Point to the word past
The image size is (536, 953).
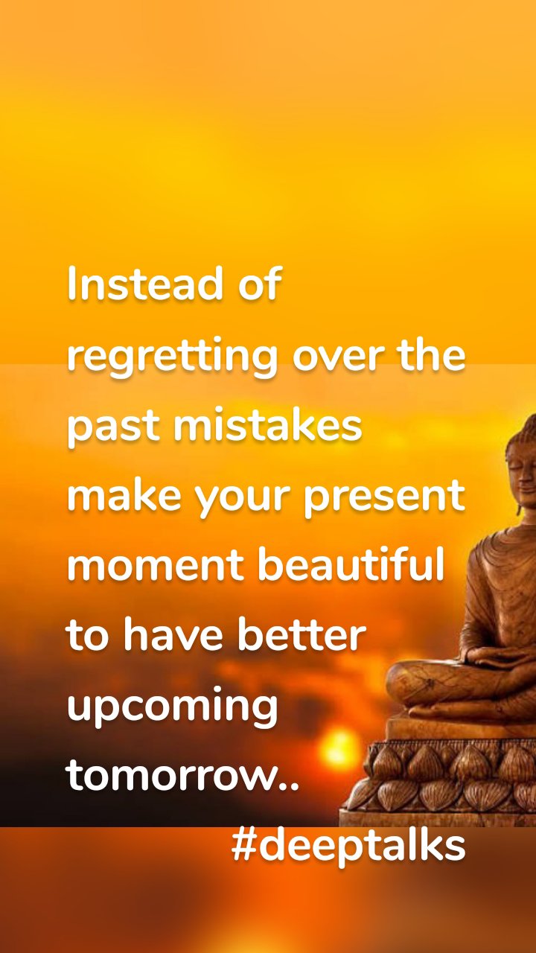tap(112, 427)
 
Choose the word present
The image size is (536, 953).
tap(384, 497)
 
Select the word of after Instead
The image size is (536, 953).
tap(261, 284)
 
